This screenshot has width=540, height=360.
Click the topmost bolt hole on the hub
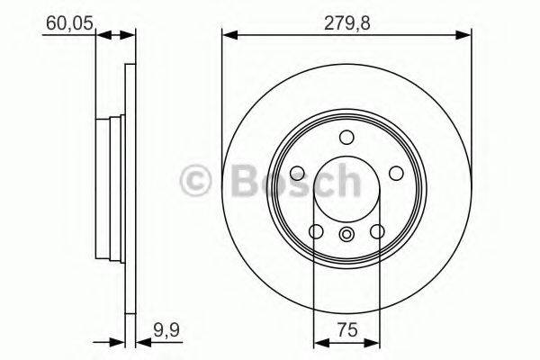(x=346, y=137)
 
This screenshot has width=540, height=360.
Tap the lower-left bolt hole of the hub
(x=316, y=232)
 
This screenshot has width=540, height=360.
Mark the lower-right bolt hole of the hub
(x=377, y=232)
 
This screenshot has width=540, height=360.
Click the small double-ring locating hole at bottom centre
(x=346, y=235)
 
